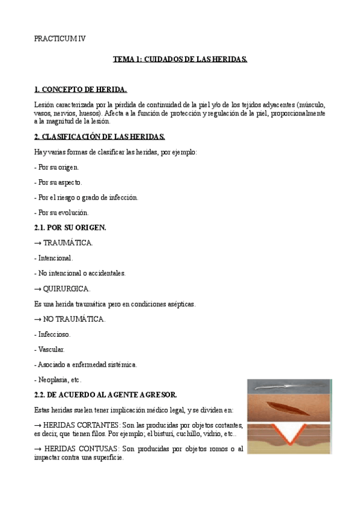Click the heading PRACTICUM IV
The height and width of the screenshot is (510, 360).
tap(59, 38)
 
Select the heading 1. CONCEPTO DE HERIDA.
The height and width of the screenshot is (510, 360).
tap(81, 90)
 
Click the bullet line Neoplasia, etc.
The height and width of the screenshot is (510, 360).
tap(58, 379)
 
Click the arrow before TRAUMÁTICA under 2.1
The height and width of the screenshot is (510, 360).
tap(37, 243)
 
